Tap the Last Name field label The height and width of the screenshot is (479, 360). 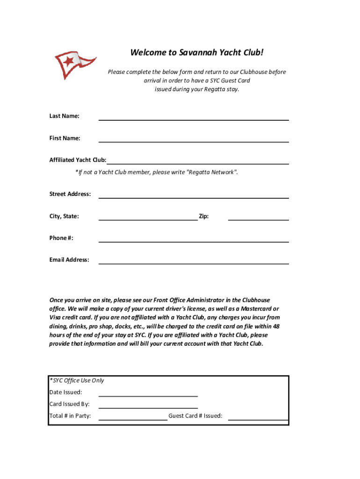point(65,116)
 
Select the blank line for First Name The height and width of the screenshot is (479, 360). point(193,141)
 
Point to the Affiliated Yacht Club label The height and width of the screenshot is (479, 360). point(78,160)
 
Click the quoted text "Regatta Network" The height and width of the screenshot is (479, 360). point(212,172)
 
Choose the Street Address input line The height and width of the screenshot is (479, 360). point(193,197)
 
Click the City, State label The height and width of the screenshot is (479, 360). point(65,216)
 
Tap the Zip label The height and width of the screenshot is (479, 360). point(204,216)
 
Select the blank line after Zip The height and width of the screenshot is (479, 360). point(258,219)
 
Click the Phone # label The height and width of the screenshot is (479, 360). point(62,238)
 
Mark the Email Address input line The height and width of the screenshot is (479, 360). point(193,263)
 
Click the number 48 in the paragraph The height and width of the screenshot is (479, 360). point(276,327)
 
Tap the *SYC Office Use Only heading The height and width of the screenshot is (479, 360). point(77,380)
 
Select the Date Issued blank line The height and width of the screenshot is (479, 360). point(148,396)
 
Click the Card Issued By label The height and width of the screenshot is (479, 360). point(70,404)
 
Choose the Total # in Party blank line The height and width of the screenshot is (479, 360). point(133,420)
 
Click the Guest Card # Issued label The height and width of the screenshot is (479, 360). point(195,416)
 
